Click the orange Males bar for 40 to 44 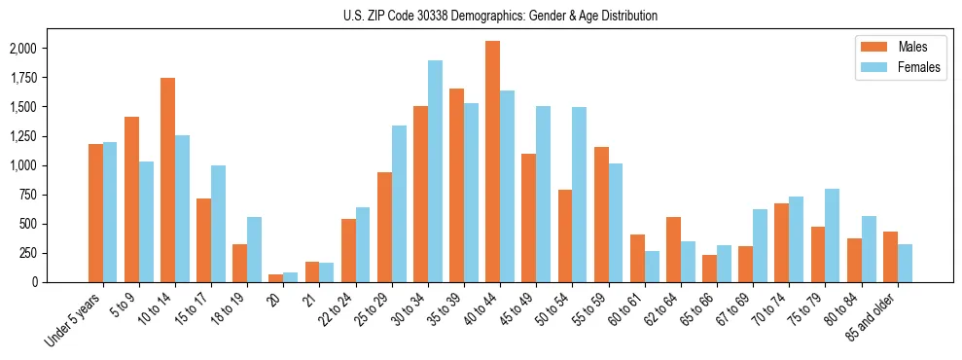coord(493,162)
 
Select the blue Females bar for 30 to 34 coord(435,171)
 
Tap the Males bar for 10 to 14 coord(167,180)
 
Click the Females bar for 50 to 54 coord(579,195)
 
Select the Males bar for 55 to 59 coord(601,214)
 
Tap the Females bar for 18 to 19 coord(255,249)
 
